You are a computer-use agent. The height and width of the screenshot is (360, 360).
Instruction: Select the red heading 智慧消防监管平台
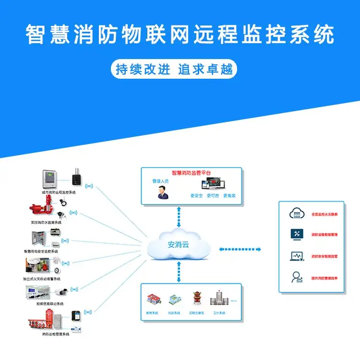coord(192,172)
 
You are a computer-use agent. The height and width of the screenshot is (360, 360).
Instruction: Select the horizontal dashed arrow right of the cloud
coord(240,249)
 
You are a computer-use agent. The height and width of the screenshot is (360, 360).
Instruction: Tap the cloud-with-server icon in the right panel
coord(295,213)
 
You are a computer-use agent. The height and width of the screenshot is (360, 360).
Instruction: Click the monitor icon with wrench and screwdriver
coord(295,234)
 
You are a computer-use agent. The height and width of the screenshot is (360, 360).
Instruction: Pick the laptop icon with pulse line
coord(295,256)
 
